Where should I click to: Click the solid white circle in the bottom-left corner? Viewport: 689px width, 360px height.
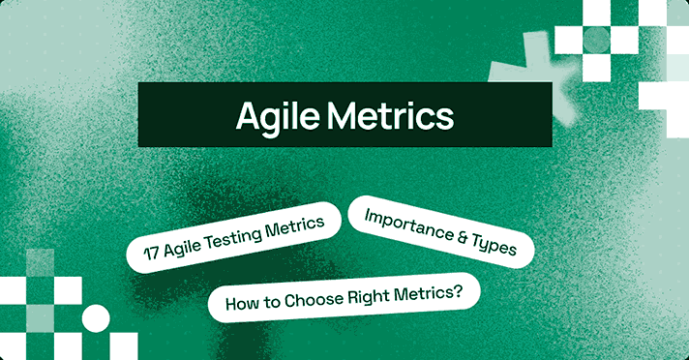[96, 317]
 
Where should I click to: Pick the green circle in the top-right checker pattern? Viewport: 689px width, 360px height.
[596, 39]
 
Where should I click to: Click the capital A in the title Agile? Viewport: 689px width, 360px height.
[249, 115]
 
